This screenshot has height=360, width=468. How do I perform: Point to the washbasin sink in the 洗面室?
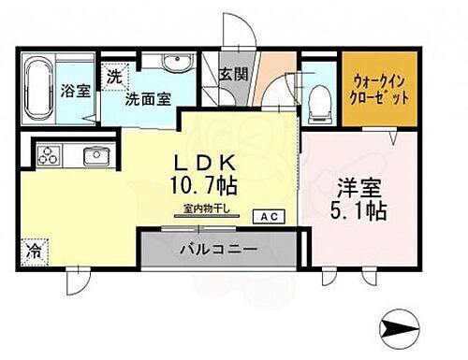tap(174, 64)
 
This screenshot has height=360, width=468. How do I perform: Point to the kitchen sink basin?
tap(95, 155)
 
